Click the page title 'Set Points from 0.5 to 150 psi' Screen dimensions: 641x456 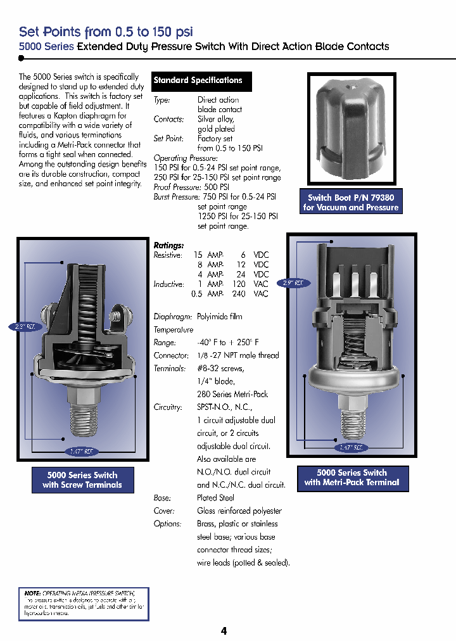pos(106,32)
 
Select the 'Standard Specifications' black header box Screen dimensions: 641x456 pos(198,81)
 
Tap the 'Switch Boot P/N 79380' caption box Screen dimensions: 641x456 pos(351,203)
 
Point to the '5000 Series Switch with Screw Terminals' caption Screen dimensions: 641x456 pos(82,480)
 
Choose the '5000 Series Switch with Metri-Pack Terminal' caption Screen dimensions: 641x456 pos(352,478)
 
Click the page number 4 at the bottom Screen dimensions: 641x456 pos(224,631)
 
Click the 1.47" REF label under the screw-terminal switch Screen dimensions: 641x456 pos(82,452)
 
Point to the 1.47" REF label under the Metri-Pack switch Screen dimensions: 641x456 pos(351,448)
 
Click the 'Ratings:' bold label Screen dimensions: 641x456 pos(168,245)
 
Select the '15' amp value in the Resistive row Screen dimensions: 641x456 pos(198,255)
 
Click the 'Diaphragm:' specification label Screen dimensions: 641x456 pos(171,317)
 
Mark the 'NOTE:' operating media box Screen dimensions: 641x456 pos(84,604)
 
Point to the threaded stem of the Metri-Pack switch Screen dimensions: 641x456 pos(351,425)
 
